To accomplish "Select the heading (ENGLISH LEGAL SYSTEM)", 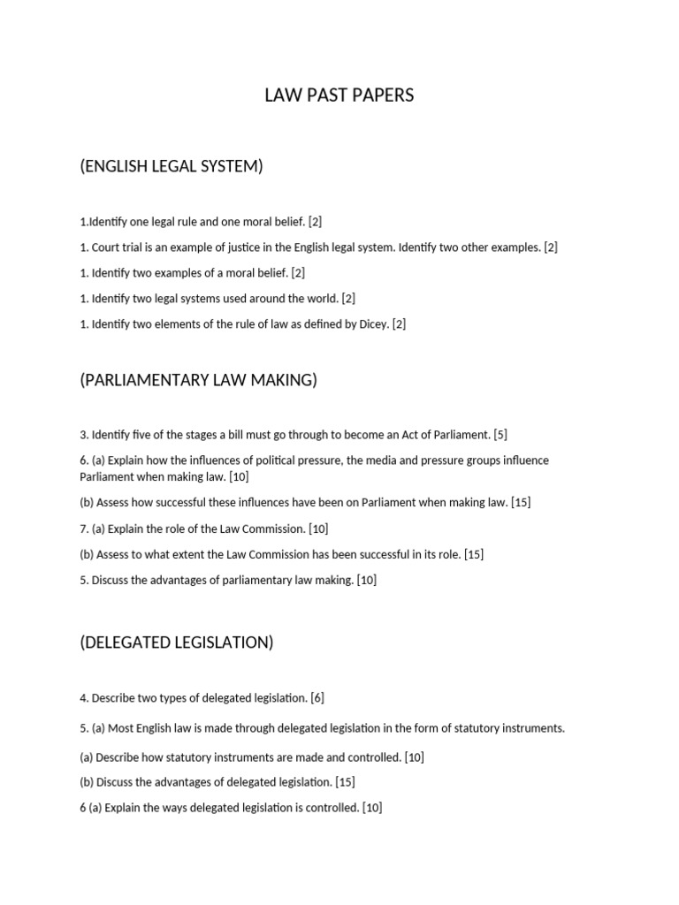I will click(172, 166).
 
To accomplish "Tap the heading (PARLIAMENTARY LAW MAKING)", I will click(198, 380).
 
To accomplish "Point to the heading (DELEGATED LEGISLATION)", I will click(177, 643).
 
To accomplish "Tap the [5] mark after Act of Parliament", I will click(500, 435).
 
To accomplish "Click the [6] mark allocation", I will click(317, 698).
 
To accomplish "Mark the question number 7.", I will click(83, 529).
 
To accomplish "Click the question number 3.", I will click(83, 435).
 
